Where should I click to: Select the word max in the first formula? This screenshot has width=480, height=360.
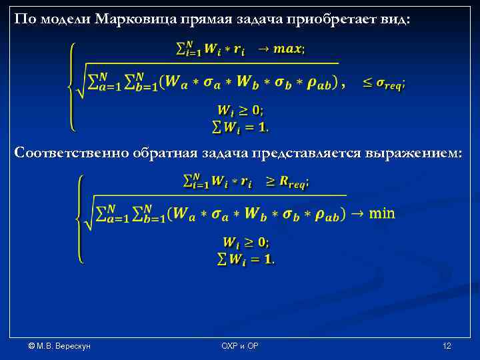[288, 49]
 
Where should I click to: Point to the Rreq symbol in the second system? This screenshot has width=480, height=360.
[293, 181]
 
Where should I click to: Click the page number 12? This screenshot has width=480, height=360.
[447, 346]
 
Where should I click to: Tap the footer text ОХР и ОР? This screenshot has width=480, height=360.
[240, 346]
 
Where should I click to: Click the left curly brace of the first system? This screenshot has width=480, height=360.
[71, 87]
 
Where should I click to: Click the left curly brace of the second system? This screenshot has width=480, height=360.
[80, 219]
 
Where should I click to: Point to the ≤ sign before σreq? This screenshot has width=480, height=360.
[368, 83]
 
